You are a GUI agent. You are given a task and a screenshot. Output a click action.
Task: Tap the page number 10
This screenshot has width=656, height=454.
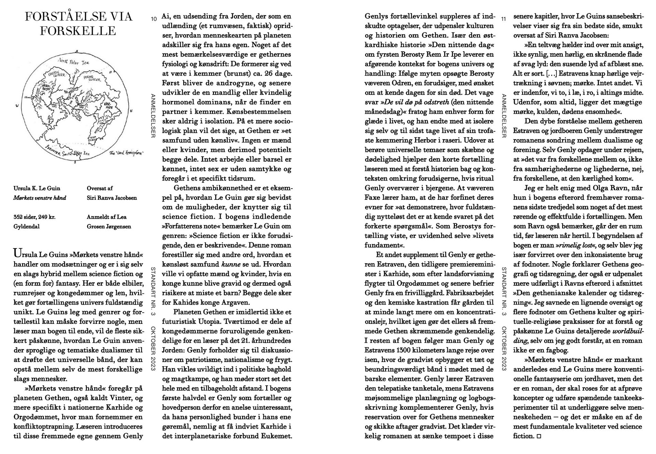(154, 19)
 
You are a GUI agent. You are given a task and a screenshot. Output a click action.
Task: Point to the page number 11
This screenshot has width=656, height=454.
(503, 19)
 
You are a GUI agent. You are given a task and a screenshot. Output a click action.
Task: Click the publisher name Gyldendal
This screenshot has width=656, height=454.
(26, 226)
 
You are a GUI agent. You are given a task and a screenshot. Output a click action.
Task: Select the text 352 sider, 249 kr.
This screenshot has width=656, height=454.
(35, 217)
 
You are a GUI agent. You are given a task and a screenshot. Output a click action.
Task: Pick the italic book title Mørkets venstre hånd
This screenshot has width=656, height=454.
(40, 198)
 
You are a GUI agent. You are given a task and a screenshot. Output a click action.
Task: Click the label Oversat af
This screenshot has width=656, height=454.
(100, 188)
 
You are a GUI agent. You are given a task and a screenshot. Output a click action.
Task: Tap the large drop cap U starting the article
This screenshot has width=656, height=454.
(17, 253)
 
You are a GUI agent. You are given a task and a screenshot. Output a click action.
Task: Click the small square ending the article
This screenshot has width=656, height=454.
(539, 436)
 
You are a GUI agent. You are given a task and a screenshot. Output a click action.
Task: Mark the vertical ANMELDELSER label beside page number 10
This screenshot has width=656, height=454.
(153, 116)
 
